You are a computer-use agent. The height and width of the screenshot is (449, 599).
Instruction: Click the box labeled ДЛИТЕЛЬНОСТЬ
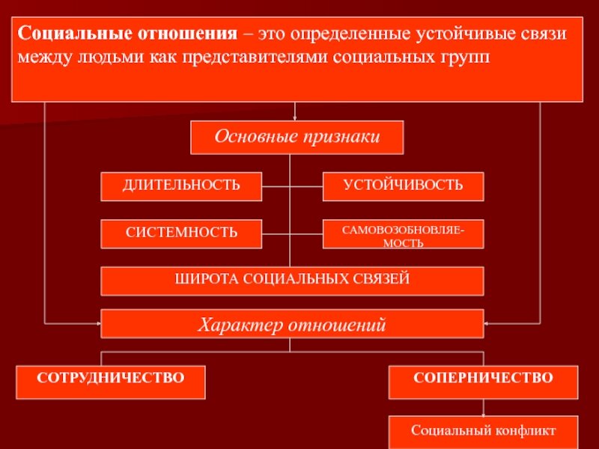[182, 186]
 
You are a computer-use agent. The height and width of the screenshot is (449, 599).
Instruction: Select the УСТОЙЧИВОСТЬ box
[403, 186]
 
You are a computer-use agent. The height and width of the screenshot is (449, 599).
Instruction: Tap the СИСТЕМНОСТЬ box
[182, 233]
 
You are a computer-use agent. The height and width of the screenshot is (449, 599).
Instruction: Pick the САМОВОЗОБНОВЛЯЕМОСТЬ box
[403, 233]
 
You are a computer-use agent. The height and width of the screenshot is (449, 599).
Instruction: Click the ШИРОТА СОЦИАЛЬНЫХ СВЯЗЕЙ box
[292, 281]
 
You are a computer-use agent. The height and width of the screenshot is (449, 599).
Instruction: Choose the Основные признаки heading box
[297, 138]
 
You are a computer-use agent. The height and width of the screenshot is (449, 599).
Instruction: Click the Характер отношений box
[292, 324]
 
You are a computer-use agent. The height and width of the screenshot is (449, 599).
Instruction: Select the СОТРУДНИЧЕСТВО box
[111, 382]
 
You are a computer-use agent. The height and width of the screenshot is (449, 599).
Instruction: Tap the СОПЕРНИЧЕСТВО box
[483, 382]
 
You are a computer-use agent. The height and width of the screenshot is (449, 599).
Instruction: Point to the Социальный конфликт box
[483, 432]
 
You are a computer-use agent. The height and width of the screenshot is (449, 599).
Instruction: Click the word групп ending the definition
[469, 58]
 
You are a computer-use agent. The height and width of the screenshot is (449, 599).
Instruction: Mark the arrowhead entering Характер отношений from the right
[487, 323]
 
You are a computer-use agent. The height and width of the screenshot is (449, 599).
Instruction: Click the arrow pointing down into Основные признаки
[297, 117]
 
